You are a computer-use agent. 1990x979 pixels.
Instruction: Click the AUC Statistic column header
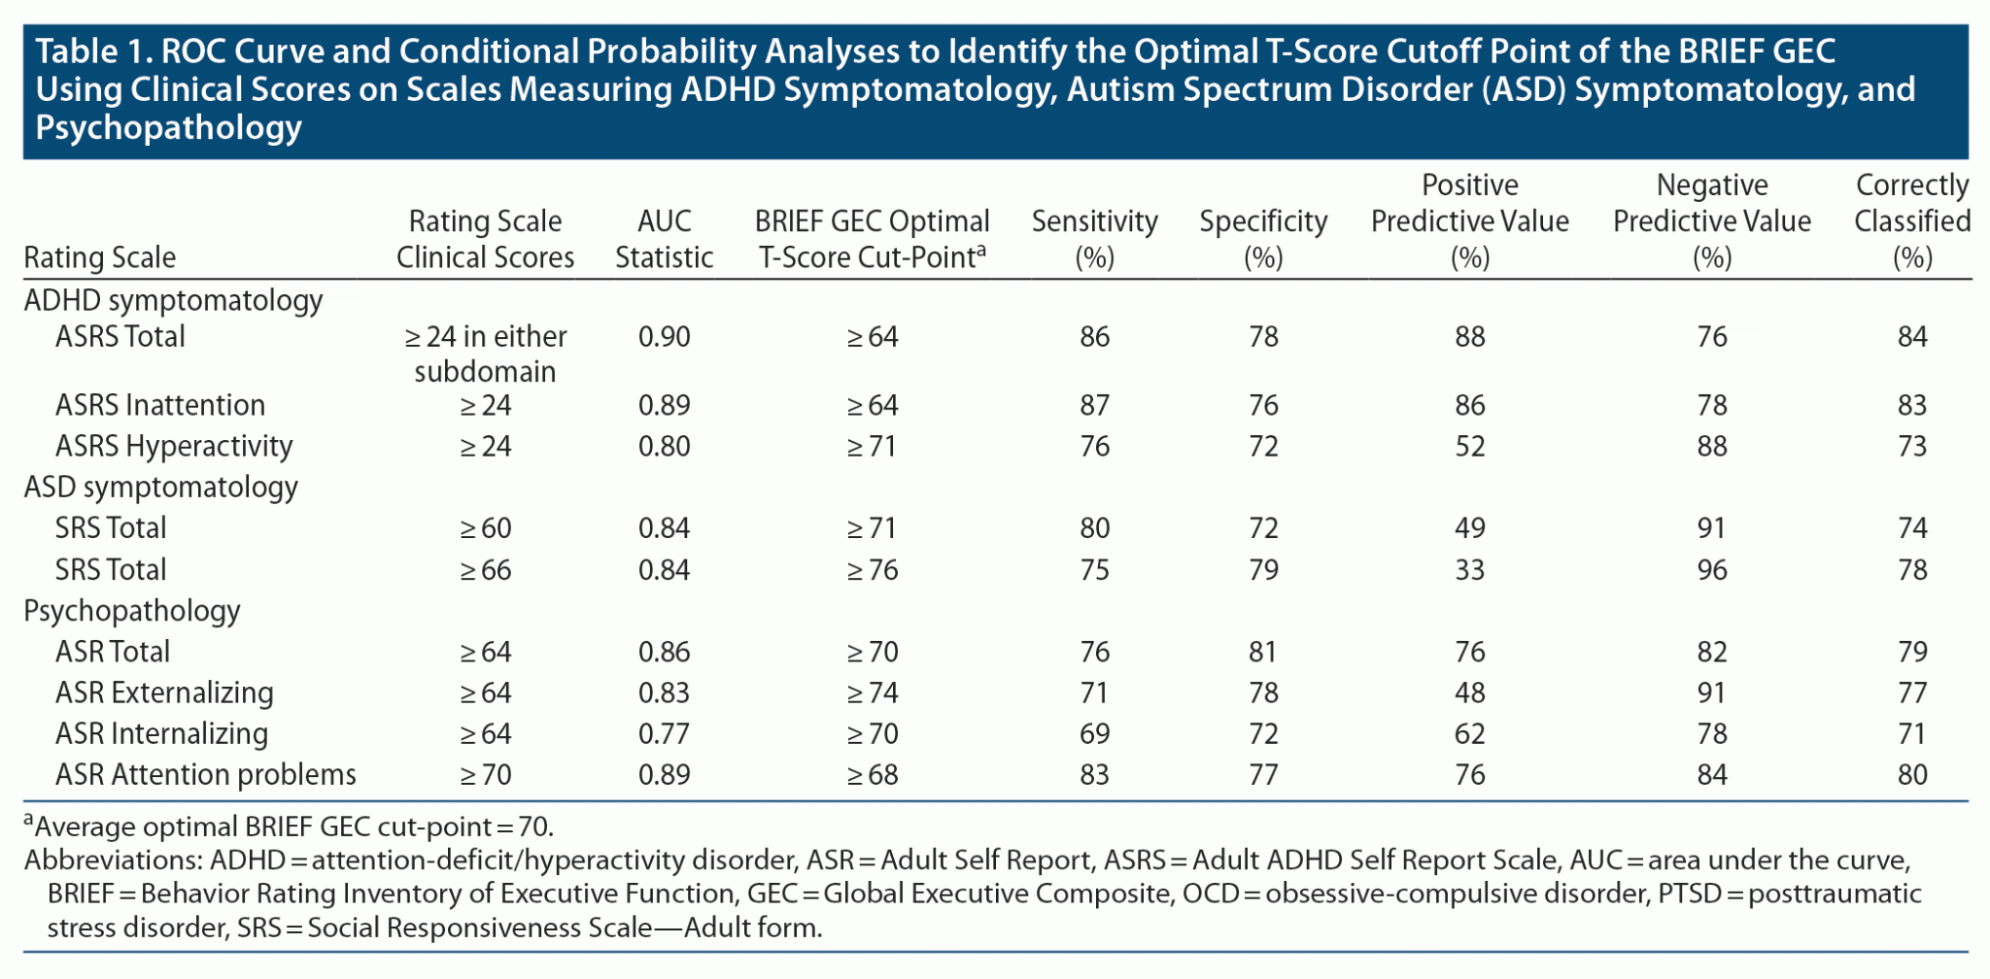664,239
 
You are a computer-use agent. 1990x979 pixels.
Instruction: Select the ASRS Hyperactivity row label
173,446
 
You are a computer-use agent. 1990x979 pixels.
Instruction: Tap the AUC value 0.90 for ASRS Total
664,337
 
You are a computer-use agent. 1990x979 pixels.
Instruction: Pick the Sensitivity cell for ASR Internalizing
1094,733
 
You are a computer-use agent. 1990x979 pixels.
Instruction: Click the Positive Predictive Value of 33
1469,569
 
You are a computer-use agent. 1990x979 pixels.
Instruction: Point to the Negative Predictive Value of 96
1711,569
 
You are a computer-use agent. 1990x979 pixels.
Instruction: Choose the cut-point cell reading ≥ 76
872,569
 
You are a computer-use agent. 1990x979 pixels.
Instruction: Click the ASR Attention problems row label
205,774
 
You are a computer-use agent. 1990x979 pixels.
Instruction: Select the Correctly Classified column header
1911,221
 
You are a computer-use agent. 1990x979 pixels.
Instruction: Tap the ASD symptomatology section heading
160,487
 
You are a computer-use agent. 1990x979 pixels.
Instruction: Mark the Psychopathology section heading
131,610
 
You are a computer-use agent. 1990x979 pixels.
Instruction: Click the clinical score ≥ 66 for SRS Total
485,569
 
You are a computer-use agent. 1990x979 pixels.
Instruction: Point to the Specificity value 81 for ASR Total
1262,652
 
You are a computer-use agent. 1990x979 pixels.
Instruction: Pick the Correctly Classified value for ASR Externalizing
1911,692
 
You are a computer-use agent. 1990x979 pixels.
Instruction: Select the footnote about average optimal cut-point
289,827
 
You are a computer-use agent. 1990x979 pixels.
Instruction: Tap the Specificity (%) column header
1262,239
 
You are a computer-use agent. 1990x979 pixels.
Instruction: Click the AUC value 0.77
664,733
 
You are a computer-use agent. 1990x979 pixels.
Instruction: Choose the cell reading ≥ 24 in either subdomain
485,354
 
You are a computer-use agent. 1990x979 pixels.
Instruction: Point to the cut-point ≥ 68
872,774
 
